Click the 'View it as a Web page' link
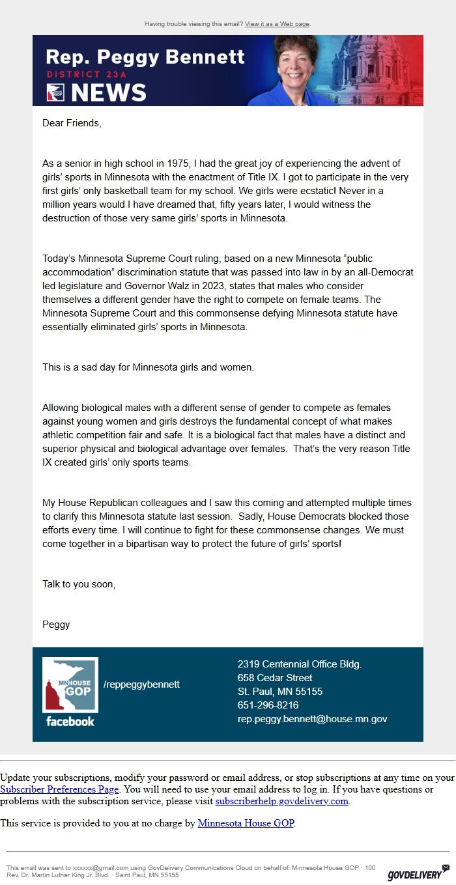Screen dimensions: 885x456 [x=277, y=24]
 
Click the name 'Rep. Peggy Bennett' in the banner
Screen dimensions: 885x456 [x=145, y=57]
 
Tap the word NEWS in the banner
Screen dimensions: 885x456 [x=108, y=92]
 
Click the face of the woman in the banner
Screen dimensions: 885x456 [x=296, y=62]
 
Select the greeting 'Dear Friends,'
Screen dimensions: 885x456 [x=72, y=122]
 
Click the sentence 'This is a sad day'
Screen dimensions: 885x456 [x=148, y=367]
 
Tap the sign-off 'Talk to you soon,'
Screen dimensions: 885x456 [x=79, y=584]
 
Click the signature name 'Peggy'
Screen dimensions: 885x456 [x=56, y=625]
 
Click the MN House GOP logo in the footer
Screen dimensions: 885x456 [x=70, y=686]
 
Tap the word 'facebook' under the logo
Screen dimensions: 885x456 [x=70, y=722]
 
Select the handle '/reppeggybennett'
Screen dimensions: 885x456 [x=141, y=684]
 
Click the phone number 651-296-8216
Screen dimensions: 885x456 [x=268, y=705]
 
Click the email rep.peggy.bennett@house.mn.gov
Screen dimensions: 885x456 [x=312, y=719]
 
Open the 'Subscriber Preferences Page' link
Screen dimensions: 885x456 [x=59, y=789]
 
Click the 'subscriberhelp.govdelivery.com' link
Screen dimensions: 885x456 [x=282, y=801]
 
